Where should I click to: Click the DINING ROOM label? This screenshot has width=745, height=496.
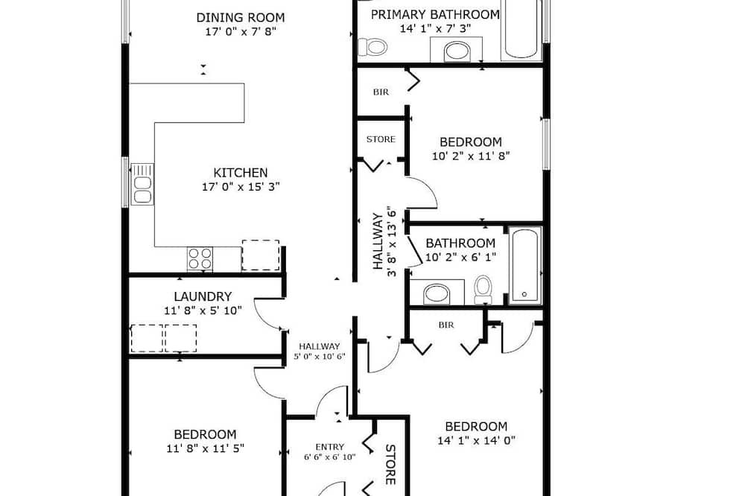click(241, 18)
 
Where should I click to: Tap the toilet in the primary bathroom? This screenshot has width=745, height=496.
click(372, 47)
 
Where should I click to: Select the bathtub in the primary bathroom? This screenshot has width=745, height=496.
click(521, 30)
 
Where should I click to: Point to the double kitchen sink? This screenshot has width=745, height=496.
click(142, 184)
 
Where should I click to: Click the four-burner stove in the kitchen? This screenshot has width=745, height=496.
click(200, 259)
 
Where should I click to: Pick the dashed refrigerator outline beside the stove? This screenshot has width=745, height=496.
click(260, 255)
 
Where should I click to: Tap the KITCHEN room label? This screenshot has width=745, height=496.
click(241, 173)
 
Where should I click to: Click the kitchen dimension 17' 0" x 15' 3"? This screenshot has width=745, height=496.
click(241, 187)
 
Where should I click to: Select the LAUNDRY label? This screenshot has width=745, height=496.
click(203, 296)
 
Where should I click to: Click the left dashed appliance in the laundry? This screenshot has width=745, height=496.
click(147, 338)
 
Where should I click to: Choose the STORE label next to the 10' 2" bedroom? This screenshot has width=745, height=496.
click(381, 139)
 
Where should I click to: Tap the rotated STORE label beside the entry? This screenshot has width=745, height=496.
click(390, 465)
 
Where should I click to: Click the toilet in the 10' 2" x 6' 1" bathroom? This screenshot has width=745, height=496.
click(484, 289)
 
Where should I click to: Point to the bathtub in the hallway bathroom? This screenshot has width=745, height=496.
click(524, 265)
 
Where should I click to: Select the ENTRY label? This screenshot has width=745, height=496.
click(330, 447)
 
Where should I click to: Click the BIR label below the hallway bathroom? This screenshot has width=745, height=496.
click(446, 325)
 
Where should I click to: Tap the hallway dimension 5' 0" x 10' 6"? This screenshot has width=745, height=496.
click(320, 357)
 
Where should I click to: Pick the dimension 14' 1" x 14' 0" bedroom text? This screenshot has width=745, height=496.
click(477, 440)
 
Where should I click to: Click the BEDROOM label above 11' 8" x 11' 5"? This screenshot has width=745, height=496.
click(206, 434)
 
